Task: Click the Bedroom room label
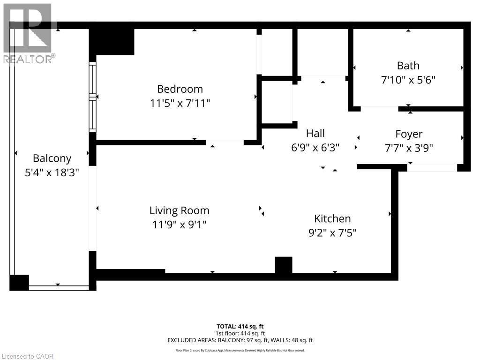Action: (180, 89)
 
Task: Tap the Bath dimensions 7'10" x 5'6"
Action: (408, 80)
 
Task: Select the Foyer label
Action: (409, 135)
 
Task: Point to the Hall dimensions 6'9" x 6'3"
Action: (315, 147)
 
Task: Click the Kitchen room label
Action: (332, 218)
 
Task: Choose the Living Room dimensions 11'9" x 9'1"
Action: (180, 225)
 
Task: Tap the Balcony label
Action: (52, 158)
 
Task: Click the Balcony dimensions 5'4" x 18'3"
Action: (52, 172)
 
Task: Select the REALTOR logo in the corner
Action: (28, 33)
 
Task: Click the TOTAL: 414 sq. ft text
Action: (240, 326)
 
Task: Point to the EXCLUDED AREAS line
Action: (240, 340)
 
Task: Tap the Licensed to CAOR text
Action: (27, 356)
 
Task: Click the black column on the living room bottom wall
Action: (284, 265)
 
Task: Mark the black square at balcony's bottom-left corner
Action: (19, 283)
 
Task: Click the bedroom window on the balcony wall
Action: (93, 97)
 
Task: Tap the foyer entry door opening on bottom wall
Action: (432, 168)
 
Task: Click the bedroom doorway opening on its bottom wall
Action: (225, 142)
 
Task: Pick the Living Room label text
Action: (180, 211)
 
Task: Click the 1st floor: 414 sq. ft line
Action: (240, 333)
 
